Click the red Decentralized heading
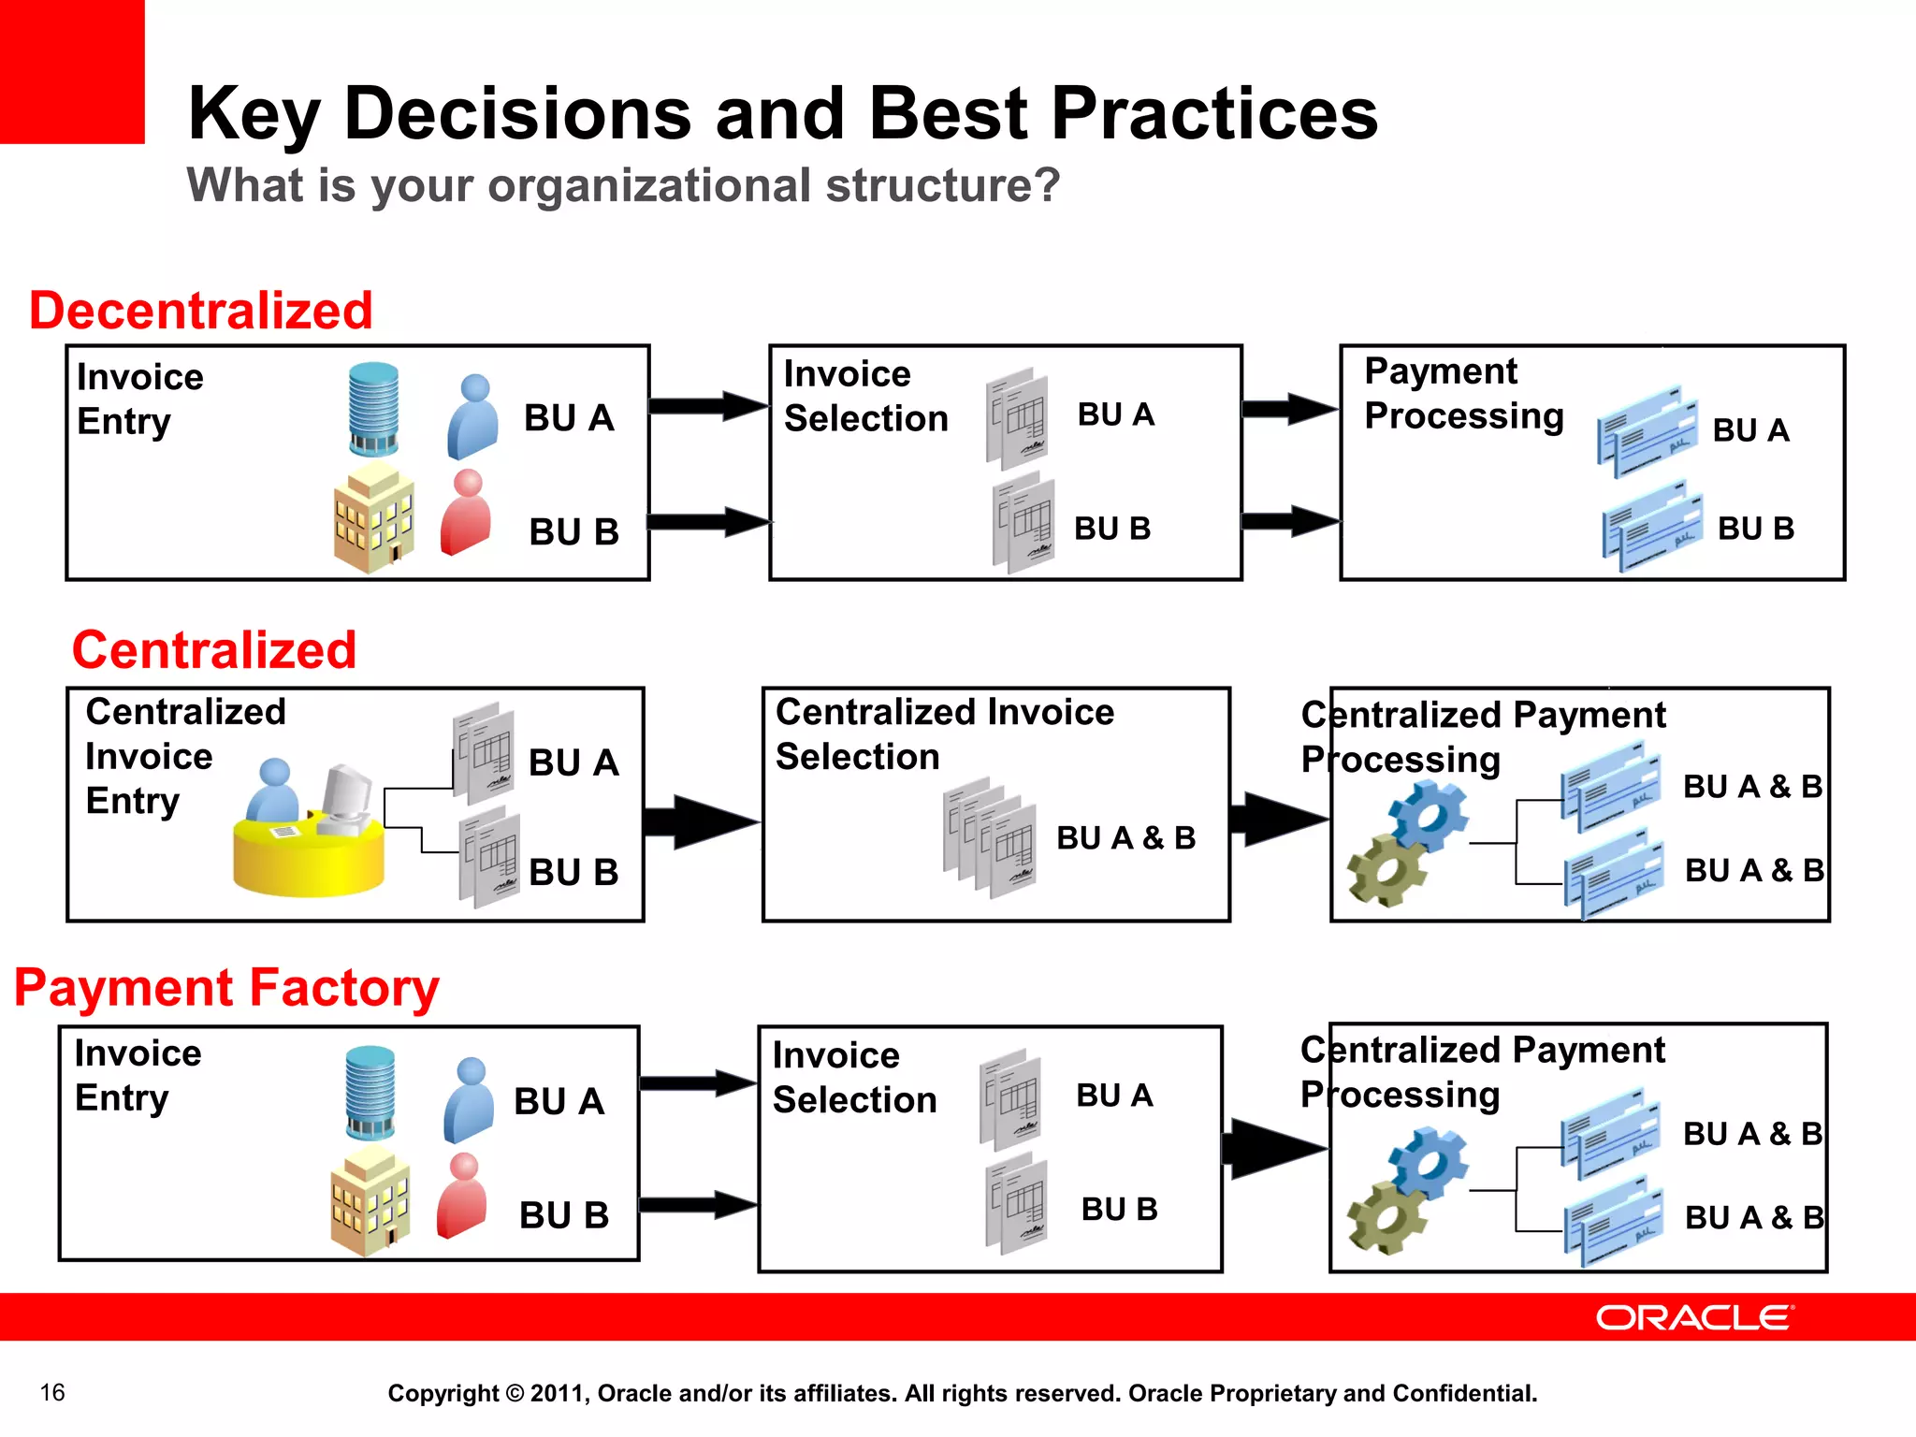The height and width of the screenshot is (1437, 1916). point(201,311)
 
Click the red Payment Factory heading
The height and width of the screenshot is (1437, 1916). point(226,988)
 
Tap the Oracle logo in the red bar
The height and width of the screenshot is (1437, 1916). point(1694,1317)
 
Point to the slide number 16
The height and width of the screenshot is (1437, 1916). point(52,1392)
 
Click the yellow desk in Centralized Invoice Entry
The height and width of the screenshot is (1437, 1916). point(309,856)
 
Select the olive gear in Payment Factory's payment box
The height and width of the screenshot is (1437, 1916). point(1386,1218)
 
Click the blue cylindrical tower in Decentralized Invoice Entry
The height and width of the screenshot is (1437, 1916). point(373,409)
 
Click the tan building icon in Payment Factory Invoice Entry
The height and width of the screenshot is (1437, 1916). point(370,1201)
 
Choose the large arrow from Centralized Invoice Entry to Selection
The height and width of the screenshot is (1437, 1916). point(702,822)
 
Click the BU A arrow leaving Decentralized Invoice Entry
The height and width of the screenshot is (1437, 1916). point(707,406)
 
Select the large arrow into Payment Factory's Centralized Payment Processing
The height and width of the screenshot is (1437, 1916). point(1272,1148)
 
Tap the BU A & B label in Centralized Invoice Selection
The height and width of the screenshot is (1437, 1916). point(1125,837)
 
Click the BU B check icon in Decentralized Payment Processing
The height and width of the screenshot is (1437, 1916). point(1652,526)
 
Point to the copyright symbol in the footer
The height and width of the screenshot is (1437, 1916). point(515,1393)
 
